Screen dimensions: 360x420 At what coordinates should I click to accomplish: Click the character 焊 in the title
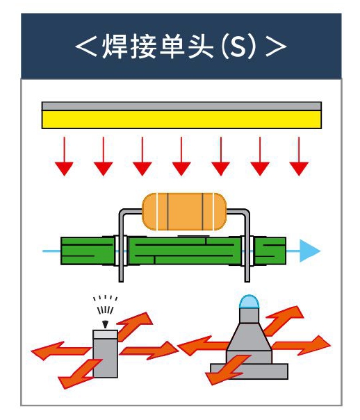point(115,47)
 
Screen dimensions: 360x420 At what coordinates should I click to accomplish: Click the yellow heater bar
point(181,119)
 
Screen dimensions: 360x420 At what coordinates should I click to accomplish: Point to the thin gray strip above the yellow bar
point(181,106)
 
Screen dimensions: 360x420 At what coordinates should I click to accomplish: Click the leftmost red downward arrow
point(64,156)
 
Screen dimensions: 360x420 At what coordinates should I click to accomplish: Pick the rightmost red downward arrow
point(299,156)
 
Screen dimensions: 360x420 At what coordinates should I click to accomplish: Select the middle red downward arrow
point(181,156)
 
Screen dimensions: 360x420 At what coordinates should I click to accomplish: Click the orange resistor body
point(184,212)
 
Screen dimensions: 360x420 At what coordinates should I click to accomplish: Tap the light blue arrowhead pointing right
point(309,251)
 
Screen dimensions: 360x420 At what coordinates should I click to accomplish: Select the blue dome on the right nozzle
point(249,301)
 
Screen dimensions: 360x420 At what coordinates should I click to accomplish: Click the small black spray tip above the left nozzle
point(106,324)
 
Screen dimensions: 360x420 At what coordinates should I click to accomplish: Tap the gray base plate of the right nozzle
point(249,371)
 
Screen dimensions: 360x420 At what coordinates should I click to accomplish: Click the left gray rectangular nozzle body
point(105,353)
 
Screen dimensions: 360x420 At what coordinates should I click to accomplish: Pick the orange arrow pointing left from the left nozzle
point(61,351)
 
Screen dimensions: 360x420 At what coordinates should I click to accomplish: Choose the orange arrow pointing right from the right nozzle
point(302,346)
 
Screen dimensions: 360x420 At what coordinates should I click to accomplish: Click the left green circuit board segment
point(88,251)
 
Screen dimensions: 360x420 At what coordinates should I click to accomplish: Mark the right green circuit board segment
point(270,251)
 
